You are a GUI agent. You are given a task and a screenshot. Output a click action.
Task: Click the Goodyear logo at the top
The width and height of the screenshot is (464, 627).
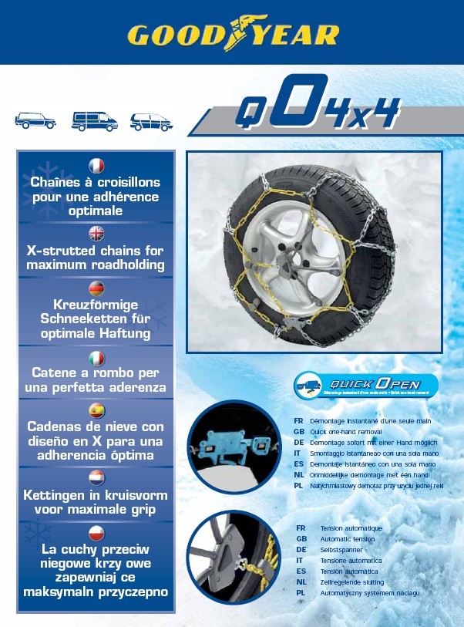pyautogui.click(x=232, y=34)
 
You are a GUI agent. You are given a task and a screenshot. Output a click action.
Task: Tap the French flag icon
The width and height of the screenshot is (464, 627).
pyautogui.click(x=96, y=165)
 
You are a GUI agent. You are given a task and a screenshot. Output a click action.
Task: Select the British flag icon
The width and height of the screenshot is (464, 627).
pyautogui.click(x=96, y=233)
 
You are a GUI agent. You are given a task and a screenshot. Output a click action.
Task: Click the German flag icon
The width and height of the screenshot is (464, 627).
pyautogui.click(x=96, y=289)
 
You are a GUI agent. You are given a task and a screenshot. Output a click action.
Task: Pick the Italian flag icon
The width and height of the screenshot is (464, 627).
pyautogui.click(x=96, y=358)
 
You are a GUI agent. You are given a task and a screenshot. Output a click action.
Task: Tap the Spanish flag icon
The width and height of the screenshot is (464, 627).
pyautogui.click(x=96, y=410)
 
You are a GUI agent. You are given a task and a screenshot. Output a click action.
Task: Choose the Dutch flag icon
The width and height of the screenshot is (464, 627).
pyautogui.click(x=96, y=477)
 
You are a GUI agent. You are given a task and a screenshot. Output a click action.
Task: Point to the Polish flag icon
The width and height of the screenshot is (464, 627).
pyautogui.click(x=96, y=532)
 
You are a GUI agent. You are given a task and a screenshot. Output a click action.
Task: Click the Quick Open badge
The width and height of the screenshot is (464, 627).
pyautogui.click(x=366, y=385)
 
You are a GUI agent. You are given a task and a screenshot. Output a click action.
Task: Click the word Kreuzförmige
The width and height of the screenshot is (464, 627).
pyautogui.click(x=96, y=305)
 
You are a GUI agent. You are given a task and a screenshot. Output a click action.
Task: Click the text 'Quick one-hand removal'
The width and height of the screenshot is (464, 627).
pyautogui.click(x=348, y=432)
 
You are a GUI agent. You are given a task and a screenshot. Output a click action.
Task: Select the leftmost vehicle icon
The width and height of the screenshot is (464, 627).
pyautogui.click(x=35, y=121)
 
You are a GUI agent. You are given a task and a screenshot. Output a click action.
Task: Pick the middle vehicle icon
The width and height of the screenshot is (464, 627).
pyautogui.click(x=94, y=121)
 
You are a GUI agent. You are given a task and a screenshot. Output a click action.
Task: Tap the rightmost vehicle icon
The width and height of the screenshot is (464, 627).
pyautogui.click(x=152, y=121)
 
